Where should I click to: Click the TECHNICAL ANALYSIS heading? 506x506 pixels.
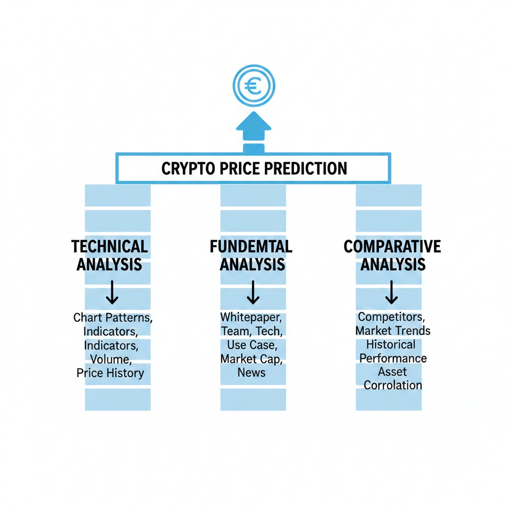109,255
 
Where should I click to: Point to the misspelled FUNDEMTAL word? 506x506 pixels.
251,246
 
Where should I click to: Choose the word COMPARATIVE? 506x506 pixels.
392,246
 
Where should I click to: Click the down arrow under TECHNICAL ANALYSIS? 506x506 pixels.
112,293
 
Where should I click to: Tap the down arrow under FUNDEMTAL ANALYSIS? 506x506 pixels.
253,293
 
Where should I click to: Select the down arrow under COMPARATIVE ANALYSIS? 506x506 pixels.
391,293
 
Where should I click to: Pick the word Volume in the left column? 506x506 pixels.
110,359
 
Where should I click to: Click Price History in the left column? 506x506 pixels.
110,373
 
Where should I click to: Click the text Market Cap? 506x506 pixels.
251,358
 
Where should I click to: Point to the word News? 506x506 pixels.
251,372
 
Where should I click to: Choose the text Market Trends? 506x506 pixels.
393,330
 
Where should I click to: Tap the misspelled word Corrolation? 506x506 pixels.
393,385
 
